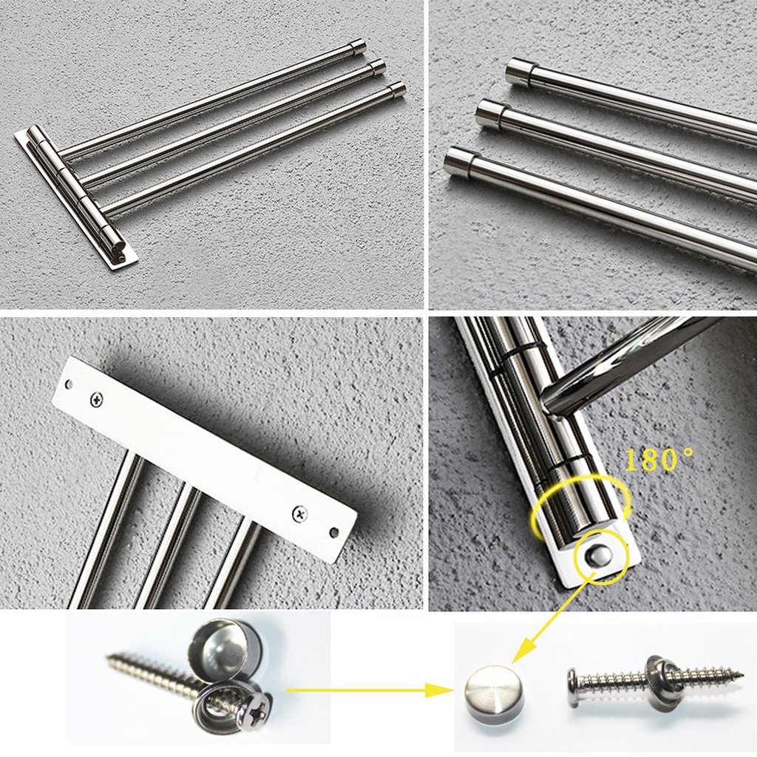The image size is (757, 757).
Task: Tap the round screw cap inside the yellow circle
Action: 600,554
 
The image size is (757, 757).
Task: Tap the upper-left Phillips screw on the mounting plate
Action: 97,398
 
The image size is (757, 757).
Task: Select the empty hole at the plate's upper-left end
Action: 69,384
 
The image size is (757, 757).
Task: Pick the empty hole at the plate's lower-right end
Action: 333,533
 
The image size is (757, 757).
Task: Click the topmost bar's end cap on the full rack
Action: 357,46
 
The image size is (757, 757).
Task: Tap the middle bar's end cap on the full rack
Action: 377,67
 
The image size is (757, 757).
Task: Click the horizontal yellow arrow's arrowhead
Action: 439,690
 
